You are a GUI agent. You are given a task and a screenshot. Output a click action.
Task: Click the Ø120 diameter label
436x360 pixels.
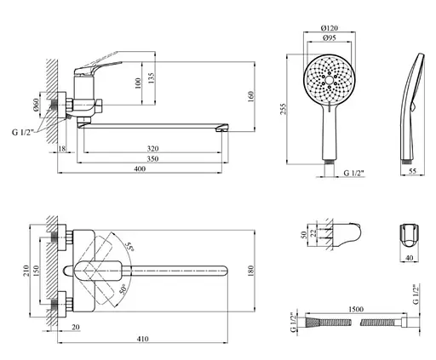330,28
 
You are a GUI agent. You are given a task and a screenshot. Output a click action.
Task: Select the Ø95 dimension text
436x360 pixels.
330,37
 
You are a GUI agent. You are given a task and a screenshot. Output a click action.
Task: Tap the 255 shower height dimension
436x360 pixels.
284,109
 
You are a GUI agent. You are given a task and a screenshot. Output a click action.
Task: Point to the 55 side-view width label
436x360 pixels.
412,171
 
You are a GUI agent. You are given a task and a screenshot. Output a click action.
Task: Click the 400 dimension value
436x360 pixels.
140,169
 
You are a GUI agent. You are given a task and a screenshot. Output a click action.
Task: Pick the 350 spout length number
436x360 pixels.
152,159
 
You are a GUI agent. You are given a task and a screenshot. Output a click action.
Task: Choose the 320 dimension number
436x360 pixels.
152,149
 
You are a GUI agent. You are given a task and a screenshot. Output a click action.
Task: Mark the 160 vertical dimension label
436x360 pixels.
251,97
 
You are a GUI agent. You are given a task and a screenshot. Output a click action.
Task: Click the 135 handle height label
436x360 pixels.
152,79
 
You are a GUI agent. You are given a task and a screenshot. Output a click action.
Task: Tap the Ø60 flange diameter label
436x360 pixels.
35,105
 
